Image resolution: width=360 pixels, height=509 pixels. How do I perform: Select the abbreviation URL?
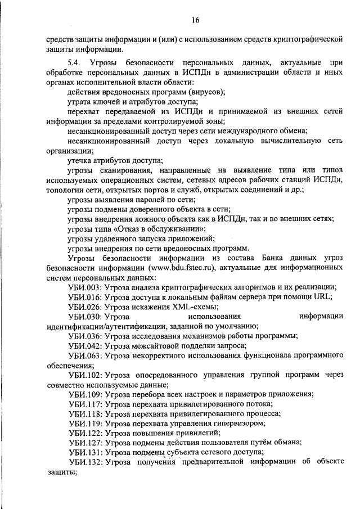pyautogui.click(x=322, y=297)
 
